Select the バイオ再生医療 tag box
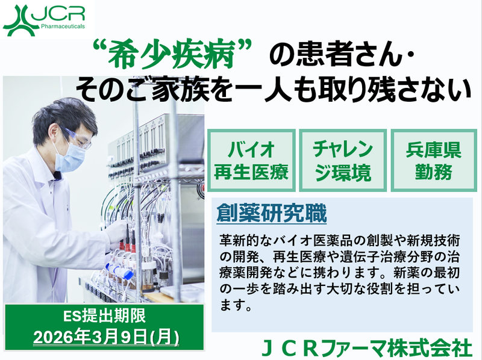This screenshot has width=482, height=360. click(x=251, y=161)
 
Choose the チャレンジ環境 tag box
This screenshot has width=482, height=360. click(x=342, y=161)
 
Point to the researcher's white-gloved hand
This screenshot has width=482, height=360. click(x=117, y=231)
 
